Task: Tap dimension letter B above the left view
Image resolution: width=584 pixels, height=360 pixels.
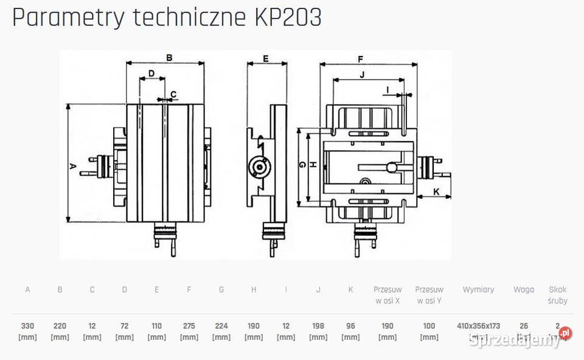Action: tap(169, 58)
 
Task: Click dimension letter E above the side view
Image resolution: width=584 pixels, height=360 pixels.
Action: tap(266, 58)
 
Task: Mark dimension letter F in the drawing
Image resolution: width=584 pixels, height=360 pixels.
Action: tap(360, 60)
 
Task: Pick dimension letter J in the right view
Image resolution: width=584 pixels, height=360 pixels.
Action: tap(362, 75)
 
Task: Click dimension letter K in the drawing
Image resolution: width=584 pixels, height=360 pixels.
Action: tap(436, 192)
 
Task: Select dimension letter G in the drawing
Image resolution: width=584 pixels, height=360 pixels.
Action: tap(302, 165)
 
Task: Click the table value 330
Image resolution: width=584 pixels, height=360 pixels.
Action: tap(27, 326)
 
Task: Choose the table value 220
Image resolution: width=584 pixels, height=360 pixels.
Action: tap(60, 326)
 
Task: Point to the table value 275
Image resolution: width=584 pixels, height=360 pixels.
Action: tap(189, 326)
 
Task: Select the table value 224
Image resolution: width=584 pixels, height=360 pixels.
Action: tap(221, 326)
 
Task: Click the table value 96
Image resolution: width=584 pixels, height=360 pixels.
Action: tap(350, 326)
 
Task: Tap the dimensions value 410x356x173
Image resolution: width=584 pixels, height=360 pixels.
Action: tap(478, 326)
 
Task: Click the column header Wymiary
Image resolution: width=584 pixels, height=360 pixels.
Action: tap(478, 289)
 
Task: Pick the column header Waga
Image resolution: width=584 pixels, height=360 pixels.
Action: tap(523, 289)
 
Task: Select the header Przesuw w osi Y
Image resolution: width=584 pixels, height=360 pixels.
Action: tap(429, 295)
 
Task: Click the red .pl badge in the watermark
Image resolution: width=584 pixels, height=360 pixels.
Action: tap(566, 333)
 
